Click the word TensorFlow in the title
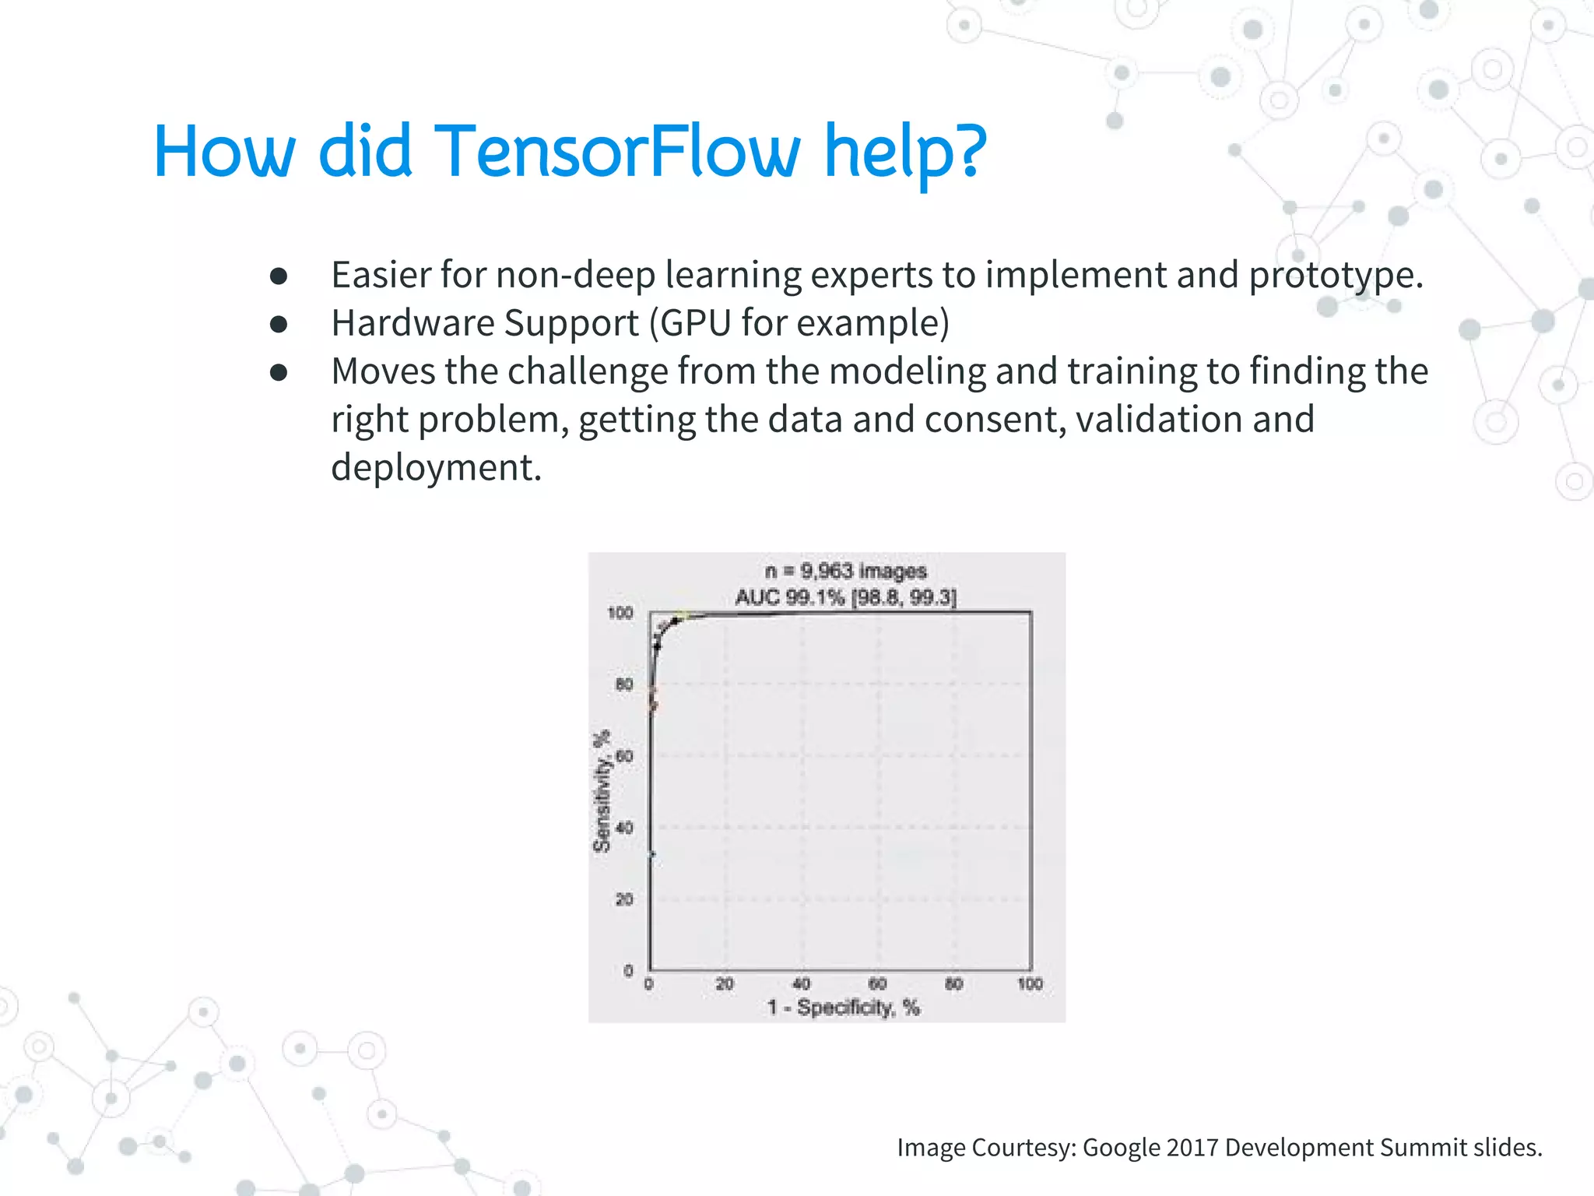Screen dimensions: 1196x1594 click(616, 152)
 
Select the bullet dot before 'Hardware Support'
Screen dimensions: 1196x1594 click(279, 324)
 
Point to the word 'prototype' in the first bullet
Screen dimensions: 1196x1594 click(1336, 276)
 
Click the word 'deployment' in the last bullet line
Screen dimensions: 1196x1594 click(435, 469)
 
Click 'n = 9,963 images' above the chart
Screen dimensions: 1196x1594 click(846, 572)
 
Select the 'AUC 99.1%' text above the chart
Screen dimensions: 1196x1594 click(789, 598)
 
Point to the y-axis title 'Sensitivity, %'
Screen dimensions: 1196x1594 click(602, 791)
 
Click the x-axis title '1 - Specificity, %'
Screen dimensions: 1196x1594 click(843, 1008)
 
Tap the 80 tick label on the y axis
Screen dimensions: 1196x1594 click(624, 684)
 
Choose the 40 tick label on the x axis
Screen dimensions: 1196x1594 click(801, 984)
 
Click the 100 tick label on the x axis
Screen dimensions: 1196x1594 click(1030, 984)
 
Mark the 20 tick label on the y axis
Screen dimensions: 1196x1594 click(624, 899)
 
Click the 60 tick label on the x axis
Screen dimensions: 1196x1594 click(877, 984)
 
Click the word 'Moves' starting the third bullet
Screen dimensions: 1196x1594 click(383, 371)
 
